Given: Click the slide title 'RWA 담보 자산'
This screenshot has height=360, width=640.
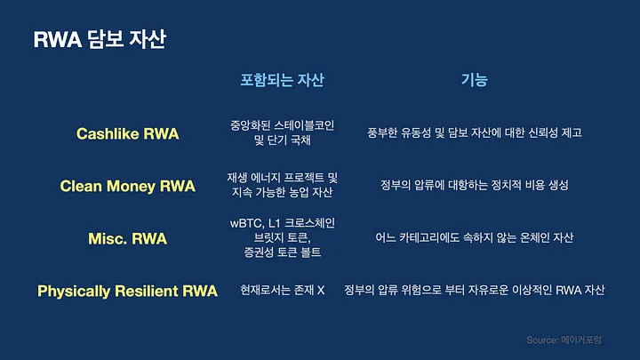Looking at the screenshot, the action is tap(100, 39).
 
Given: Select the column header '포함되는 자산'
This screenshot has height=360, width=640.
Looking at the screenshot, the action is tap(282, 80).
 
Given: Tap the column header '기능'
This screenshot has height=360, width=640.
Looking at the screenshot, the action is tap(475, 80).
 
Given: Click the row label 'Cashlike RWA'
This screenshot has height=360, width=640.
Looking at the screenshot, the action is tap(128, 134).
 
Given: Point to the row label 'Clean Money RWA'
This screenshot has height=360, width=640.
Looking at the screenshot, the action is tap(128, 186).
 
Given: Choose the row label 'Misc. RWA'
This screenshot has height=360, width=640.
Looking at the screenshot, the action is tap(128, 239).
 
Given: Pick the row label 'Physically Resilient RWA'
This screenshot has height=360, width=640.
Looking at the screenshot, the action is tap(127, 292).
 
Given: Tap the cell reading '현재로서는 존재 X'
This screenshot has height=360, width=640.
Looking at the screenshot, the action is tap(282, 290).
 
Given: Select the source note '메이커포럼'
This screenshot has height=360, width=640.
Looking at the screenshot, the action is tap(581, 340).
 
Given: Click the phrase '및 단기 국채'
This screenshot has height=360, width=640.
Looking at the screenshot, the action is tap(282, 140).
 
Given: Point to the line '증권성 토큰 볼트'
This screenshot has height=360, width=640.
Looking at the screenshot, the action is tap(282, 252).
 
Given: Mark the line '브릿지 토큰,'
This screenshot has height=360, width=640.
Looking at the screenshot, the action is tap(282, 237).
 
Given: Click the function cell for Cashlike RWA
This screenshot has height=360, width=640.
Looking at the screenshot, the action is tap(475, 132).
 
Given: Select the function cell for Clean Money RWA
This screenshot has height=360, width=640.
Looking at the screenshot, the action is tap(475, 185).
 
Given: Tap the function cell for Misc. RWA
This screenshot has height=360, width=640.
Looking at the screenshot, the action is tap(475, 237).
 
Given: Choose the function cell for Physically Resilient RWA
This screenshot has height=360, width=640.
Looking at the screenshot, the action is tap(475, 290).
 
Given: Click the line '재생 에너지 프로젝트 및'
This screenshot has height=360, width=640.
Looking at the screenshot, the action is tap(282, 178).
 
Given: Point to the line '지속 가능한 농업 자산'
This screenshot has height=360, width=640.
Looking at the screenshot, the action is tap(282, 192).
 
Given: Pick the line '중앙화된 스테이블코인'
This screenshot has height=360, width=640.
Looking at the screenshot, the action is tap(282, 125).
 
